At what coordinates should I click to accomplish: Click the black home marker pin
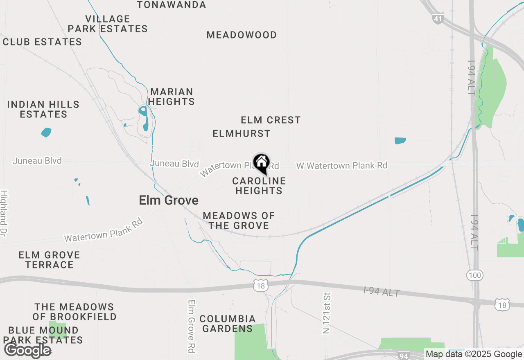(261, 163)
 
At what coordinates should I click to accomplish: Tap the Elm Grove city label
(169, 200)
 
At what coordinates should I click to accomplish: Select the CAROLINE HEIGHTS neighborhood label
(259, 186)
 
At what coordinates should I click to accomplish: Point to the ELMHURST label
(242, 133)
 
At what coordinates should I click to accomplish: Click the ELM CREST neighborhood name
(271, 120)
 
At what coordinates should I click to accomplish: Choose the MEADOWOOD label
(242, 35)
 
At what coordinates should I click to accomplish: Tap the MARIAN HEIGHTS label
(172, 97)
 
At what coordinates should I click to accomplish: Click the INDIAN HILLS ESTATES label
(43, 109)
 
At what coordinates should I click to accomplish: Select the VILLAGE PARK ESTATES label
(108, 24)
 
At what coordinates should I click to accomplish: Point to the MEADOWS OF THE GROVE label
(239, 220)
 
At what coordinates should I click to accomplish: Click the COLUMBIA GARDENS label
(228, 324)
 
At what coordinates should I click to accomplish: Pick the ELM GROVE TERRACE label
(49, 260)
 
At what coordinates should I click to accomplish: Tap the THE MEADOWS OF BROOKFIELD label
(75, 312)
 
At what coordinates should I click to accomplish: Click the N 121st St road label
(326, 313)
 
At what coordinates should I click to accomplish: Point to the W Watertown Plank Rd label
(342, 166)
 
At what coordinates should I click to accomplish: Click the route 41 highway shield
(437, 19)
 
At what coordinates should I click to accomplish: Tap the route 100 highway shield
(475, 275)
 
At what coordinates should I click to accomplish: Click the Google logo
(27, 351)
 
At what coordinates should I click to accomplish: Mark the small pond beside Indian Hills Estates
(46, 132)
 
